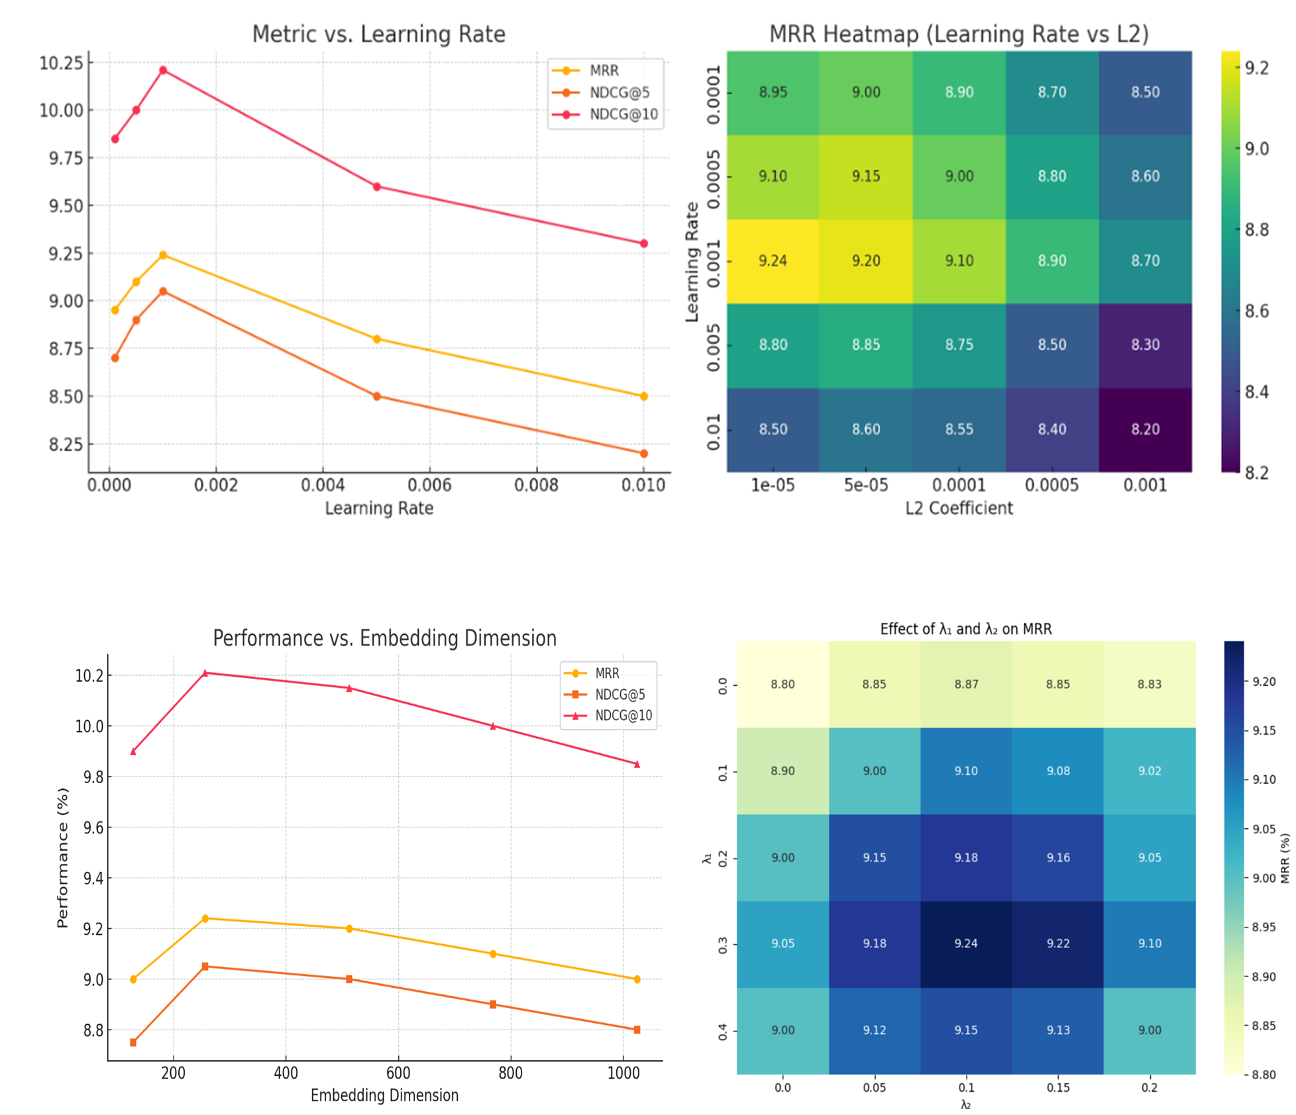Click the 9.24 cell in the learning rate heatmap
(773, 260)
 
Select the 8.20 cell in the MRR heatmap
(1144, 429)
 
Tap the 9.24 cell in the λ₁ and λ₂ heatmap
(965, 943)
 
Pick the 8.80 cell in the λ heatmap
(783, 684)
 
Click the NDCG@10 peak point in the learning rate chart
(163, 70)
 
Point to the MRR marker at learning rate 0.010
(643, 396)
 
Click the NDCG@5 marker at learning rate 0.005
(376, 396)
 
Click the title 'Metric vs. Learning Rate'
(378, 34)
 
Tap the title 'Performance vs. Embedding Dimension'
(384, 638)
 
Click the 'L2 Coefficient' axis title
(959, 508)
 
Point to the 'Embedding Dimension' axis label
(384, 1095)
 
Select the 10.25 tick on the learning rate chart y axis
(62, 63)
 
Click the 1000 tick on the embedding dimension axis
(623, 1073)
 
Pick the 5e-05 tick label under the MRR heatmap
(865, 486)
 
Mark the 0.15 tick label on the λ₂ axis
(1057, 1088)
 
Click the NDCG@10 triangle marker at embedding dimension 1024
(637, 764)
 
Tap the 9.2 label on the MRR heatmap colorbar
(1256, 68)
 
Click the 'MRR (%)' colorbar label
(1285, 859)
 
